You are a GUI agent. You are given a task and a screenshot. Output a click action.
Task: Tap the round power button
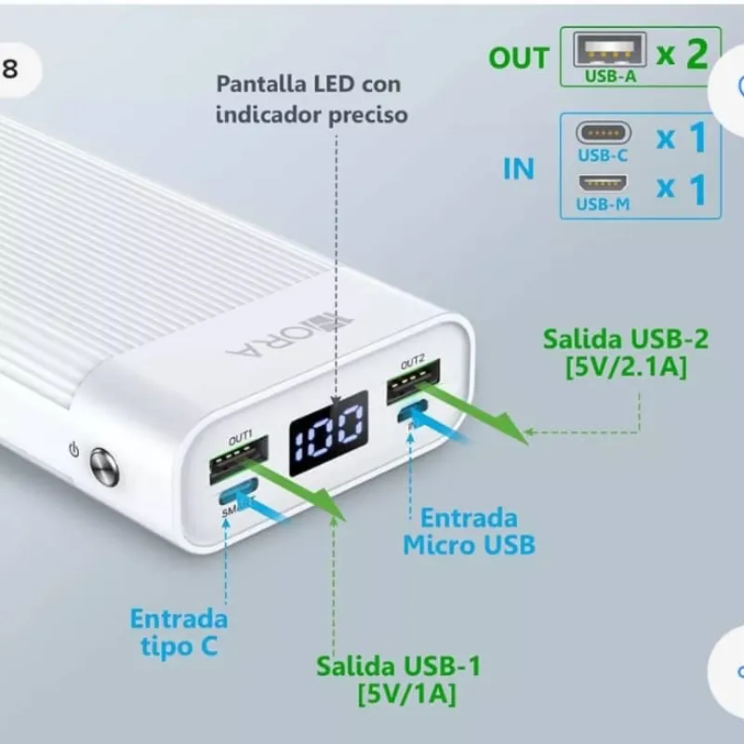coord(104,467)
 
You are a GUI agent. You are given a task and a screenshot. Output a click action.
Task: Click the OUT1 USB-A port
coord(240,457)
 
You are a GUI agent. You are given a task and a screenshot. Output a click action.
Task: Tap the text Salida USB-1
coord(399,667)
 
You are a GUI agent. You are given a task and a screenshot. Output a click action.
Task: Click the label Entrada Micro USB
coord(469,531)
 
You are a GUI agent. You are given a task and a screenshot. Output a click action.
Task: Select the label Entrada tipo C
coord(178,631)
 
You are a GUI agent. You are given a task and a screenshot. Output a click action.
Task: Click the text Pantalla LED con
coord(309,85)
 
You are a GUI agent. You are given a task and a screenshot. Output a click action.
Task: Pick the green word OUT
coord(519,58)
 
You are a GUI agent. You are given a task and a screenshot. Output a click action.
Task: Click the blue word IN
coord(519,168)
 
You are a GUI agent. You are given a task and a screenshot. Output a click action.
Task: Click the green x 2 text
coord(682,55)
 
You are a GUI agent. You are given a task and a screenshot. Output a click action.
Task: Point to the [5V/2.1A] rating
coord(626,367)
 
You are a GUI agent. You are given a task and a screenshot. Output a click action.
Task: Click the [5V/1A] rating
coord(399,694)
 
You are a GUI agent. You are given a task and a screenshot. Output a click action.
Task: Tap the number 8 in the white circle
coord(9,70)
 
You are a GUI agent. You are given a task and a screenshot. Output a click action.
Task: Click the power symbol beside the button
coord(74,450)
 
